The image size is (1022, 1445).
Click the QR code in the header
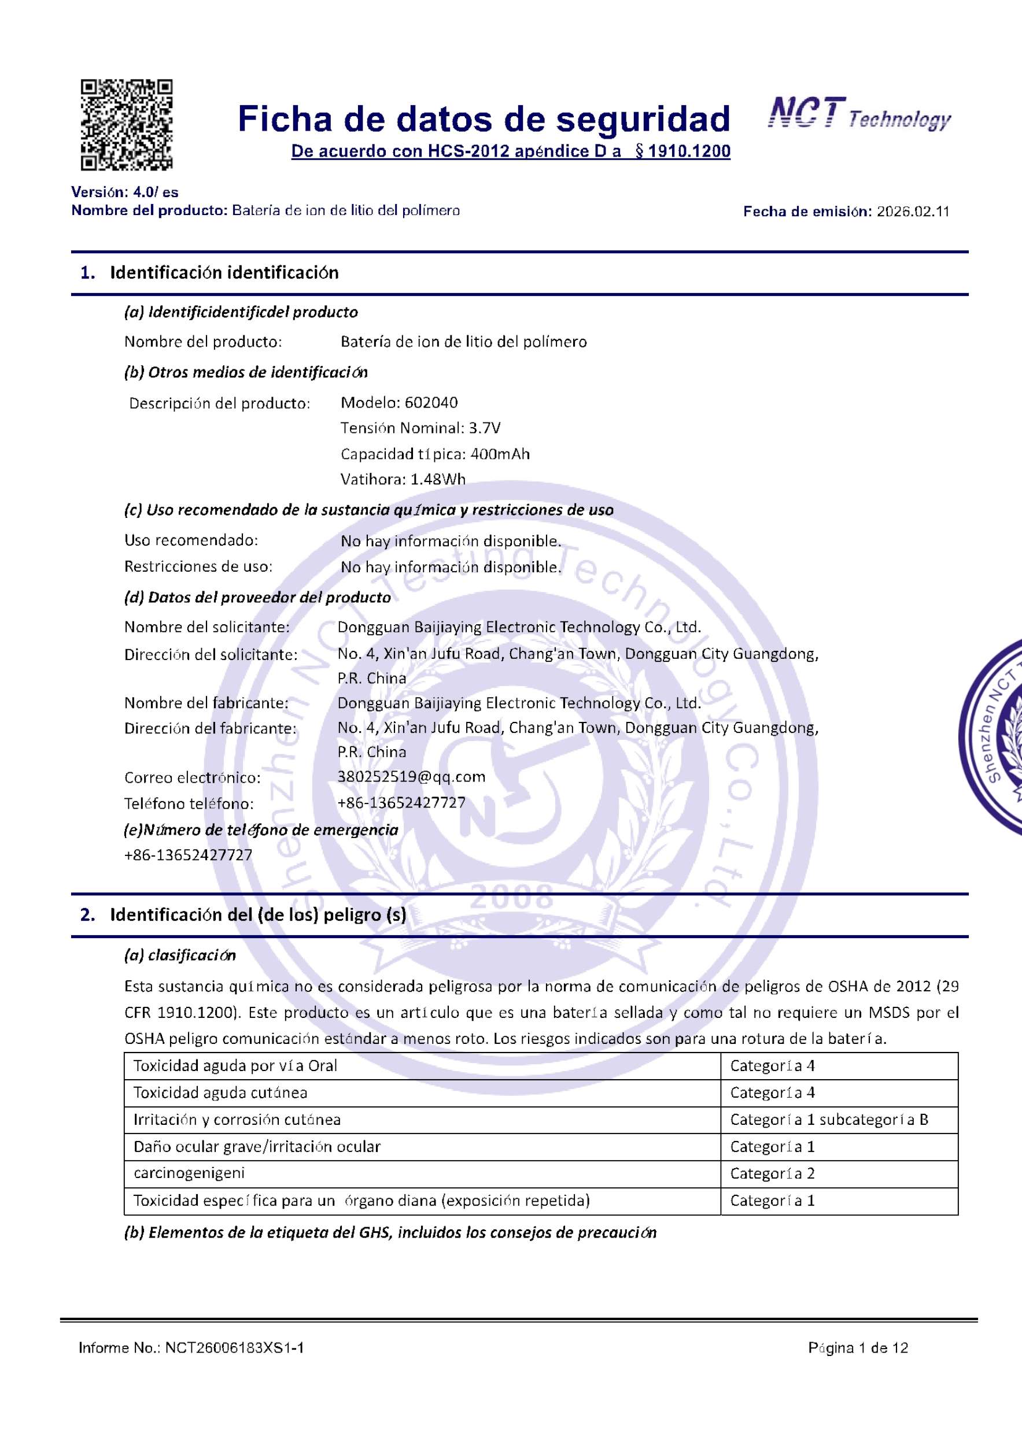127,125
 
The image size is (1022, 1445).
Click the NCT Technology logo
859,114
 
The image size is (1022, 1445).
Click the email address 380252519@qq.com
411,777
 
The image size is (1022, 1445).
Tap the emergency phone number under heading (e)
189,855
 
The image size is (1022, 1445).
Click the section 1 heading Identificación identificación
224,272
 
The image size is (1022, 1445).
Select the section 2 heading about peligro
258,914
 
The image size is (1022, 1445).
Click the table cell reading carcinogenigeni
189,1173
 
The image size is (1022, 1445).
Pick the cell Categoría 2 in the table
772,1174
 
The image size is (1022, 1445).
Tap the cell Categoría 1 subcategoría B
829,1120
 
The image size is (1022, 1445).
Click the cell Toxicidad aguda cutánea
220,1092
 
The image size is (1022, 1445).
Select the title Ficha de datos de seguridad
484,119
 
